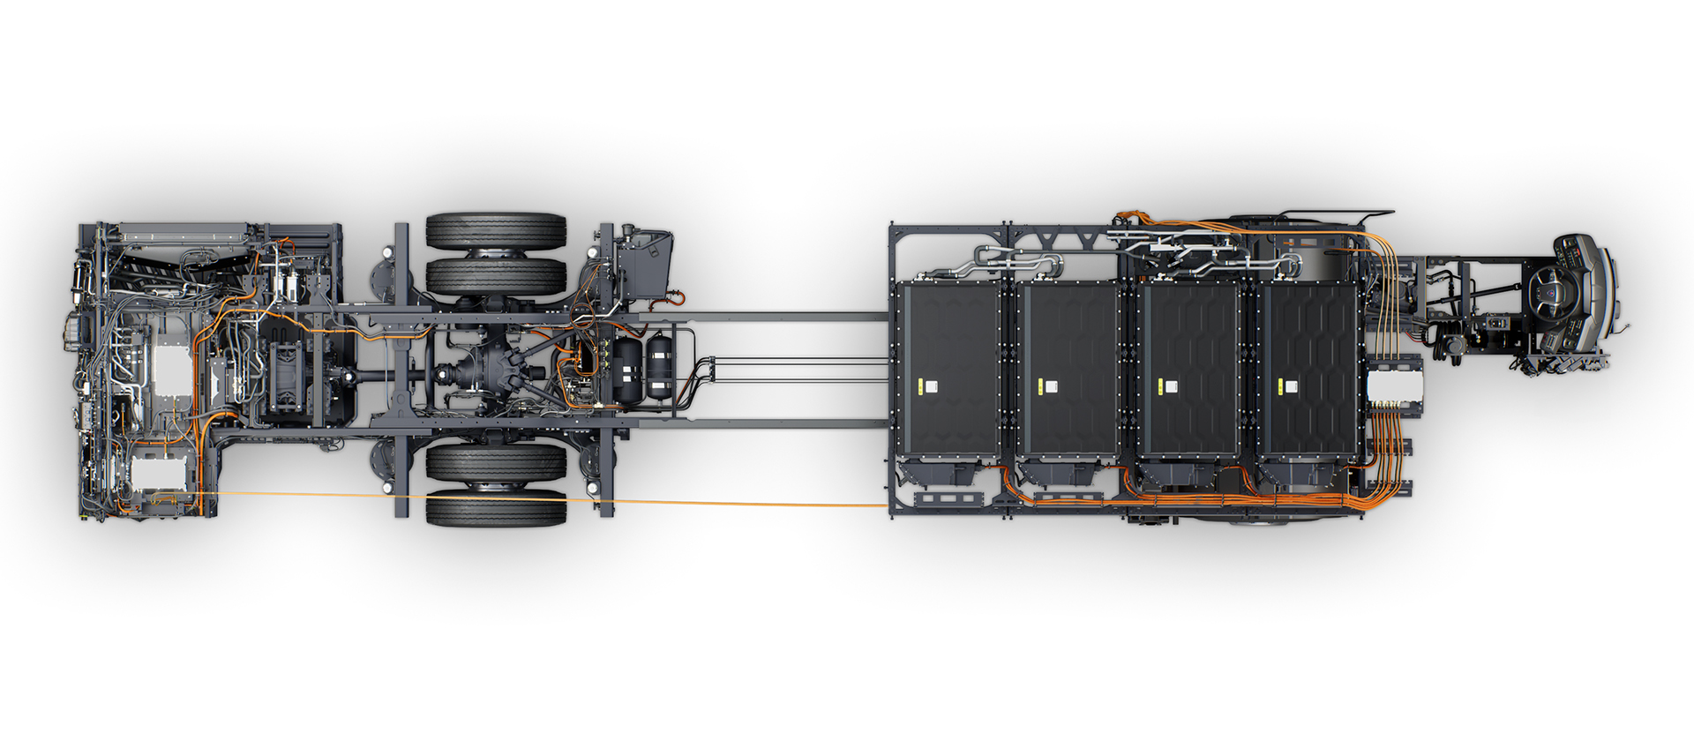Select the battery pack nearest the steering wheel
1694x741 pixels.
pyautogui.click(x=1308, y=370)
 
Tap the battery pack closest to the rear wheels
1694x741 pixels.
pyautogui.click(x=948, y=370)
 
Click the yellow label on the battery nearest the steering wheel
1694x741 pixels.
pyautogui.click(x=1289, y=385)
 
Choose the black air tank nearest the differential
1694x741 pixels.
pyautogui.click(x=628, y=370)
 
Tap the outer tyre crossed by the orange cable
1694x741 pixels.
pyautogui.click(x=496, y=509)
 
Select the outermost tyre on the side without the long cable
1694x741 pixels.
pyautogui.click(x=496, y=230)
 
